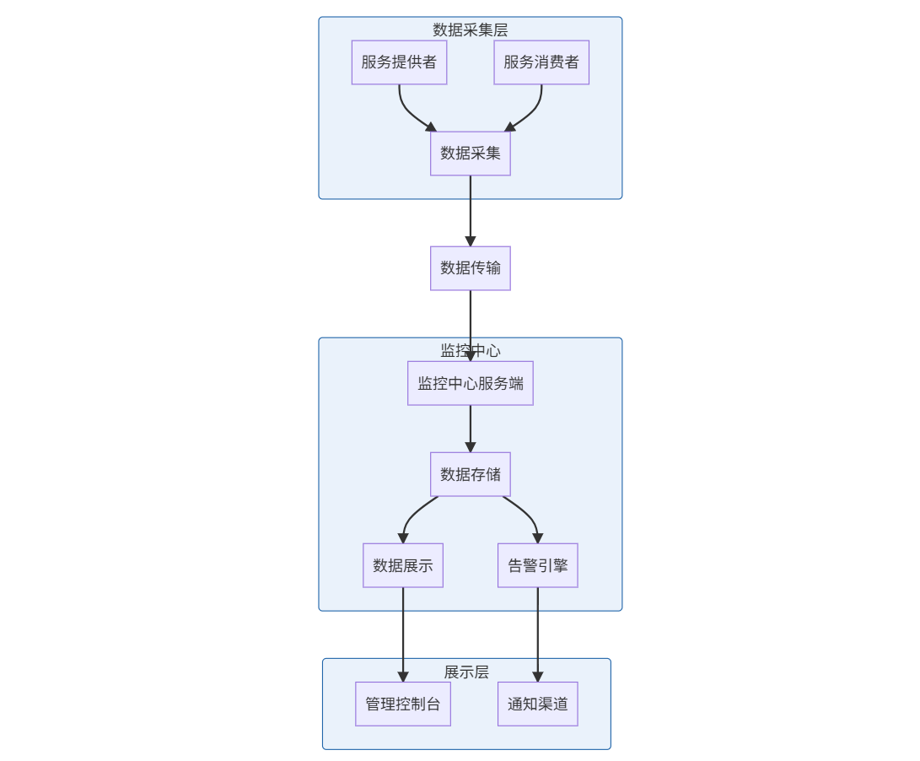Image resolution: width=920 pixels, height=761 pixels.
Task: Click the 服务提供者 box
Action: (399, 62)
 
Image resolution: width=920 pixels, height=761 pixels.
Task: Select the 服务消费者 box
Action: (541, 62)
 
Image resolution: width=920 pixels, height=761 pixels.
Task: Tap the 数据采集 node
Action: (470, 154)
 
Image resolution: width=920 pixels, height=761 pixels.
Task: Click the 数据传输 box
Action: (470, 268)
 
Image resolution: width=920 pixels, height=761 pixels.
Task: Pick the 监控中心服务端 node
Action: (470, 383)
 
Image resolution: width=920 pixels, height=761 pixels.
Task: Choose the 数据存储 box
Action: (470, 474)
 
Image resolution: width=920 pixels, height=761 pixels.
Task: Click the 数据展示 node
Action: (402, 565)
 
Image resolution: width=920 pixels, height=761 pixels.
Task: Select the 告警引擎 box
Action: (537, 565)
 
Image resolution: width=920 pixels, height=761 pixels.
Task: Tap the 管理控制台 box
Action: (402, 704)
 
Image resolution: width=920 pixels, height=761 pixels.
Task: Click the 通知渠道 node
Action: (537, 704)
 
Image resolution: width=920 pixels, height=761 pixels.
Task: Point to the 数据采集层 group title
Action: (470, 30)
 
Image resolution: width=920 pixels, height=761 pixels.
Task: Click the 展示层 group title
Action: (466, 672)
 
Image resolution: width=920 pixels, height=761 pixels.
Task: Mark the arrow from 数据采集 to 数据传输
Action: (470, 211)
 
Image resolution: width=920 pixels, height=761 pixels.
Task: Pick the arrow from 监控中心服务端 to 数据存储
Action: (470, 429)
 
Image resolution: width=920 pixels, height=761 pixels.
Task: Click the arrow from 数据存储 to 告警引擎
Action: (528, 515)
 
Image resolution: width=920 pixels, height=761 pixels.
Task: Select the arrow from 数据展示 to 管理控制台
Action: (402, 633)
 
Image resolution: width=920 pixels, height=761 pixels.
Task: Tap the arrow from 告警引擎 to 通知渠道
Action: (537, 633)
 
